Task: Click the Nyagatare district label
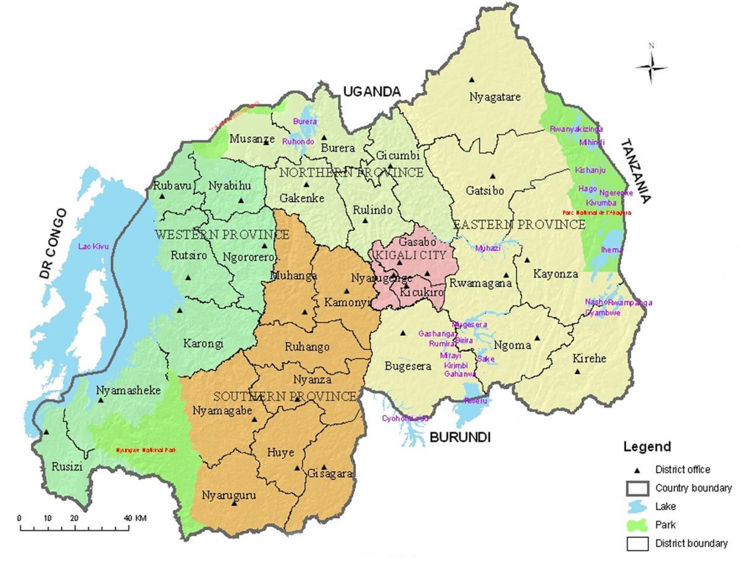(x=495, y=97)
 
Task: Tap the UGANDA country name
(x=372, y=91)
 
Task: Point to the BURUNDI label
(x=459, y=437)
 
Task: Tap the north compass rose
(x=651, y=65)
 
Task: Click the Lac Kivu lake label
(x=93, y=247)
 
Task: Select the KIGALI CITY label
(x=413, y=254)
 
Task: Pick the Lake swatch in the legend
(x=637, y=506)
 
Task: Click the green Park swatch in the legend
(x=637, y=525)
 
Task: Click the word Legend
(x=647, y=447)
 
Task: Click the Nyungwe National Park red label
(x=146, y=450)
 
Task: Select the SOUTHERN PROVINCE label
(x=285, y=396)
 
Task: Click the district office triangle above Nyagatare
(x=471, y=79)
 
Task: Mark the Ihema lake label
(x=612, y=250)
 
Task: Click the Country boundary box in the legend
(x=637, y=488)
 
